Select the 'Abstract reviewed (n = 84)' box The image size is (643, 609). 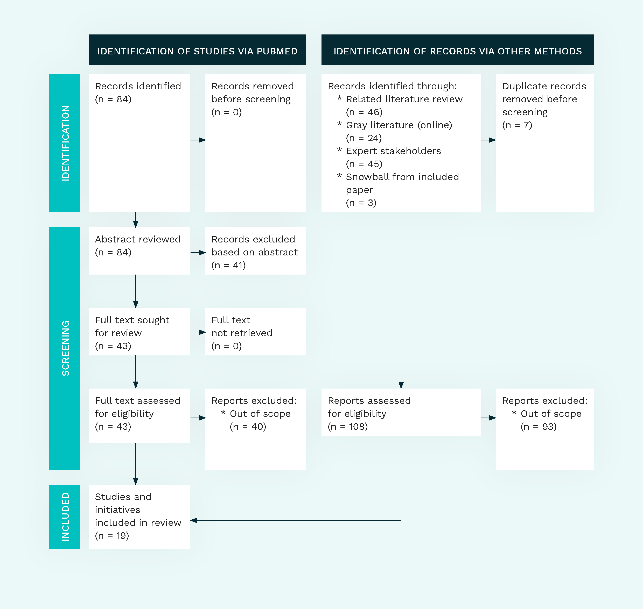tap(139, 251)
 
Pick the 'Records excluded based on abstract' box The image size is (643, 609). tap(255, 251)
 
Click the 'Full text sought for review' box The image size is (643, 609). tap(139, 332)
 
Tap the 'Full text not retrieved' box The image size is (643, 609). tap(255, 332)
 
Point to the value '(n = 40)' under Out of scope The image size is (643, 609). tap(248, 427)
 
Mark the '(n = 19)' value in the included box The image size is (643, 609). tap(112, 536)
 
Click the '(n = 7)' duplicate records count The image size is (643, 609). tap(517, 125)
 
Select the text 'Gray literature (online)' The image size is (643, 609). tap(399, 125)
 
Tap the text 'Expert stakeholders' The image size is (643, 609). tap(394, 151)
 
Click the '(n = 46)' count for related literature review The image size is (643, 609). tap(364, 112)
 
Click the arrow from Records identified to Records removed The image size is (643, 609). tap(198, 140)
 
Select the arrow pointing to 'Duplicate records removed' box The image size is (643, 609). tap(488, 140)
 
